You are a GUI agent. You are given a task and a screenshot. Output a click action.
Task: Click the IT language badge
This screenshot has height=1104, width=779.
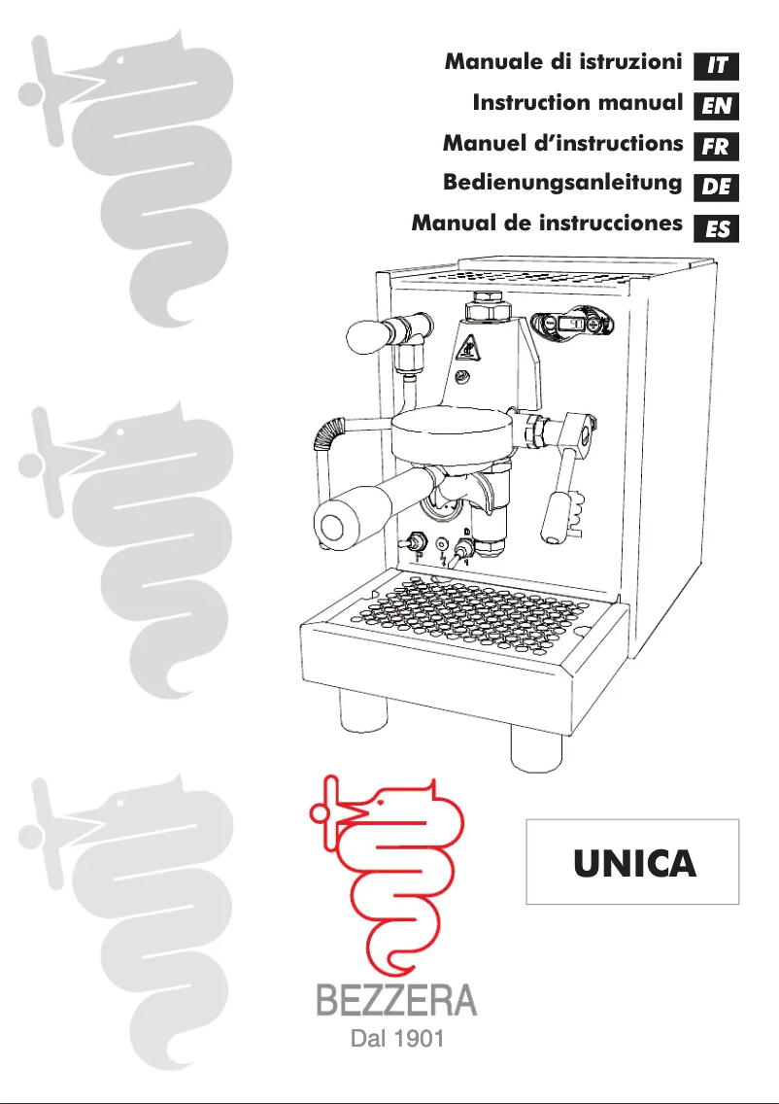pos(717,66)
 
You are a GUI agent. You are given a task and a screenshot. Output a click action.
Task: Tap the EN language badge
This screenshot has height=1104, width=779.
pos(717,106)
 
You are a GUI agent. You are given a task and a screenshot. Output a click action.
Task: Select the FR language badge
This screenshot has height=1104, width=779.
pos(717,147)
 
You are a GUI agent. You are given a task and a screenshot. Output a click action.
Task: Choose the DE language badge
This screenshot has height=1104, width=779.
pos(717,187)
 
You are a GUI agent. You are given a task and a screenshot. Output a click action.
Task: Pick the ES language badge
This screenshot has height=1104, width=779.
pos(717,229)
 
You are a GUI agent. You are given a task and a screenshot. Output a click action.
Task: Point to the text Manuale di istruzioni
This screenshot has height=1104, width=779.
pos(562,63)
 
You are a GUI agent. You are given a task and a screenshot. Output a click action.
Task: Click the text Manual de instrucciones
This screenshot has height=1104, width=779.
pos(547,224)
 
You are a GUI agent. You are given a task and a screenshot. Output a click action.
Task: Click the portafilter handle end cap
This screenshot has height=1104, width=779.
pos(333,526)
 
